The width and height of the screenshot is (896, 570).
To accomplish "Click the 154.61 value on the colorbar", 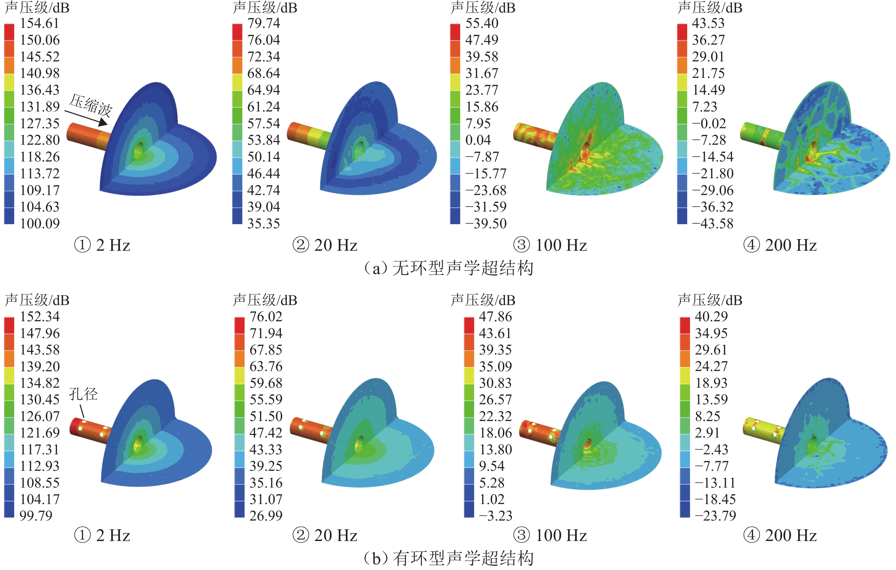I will (x=40, y=23).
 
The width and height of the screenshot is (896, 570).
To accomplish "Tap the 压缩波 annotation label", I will (x=90, y=105).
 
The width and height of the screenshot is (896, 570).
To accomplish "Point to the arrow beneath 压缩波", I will (x=86, y=118).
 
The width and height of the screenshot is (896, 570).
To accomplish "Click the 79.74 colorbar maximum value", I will (x=263, y=23).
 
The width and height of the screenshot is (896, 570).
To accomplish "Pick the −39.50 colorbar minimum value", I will (x=486, y=223).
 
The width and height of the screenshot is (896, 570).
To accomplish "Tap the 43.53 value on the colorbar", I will (x=708, y=23).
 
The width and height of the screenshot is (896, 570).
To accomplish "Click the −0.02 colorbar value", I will (x=709, y=123).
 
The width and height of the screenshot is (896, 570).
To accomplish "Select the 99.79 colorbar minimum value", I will (x=36, y=516).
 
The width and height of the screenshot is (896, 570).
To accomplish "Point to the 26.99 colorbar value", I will (x=266, y=516).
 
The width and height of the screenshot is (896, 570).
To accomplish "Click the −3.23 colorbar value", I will (x=495, y=516).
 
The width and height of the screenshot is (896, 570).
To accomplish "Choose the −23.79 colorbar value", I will (x=715, y=516).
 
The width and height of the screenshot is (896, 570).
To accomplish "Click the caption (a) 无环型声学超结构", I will (x=448, y=268).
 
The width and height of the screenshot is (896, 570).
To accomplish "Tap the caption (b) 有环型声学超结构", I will (x=448, y=558).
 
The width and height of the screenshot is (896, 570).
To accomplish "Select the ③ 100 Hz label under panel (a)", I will (x=550, y=245).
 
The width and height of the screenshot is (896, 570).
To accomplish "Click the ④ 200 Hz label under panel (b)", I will (x=780, y=535).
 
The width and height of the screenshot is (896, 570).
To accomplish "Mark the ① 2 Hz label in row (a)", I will (x=102, y=245).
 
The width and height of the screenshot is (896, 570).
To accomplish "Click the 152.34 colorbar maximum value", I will (x=40, y=317).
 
